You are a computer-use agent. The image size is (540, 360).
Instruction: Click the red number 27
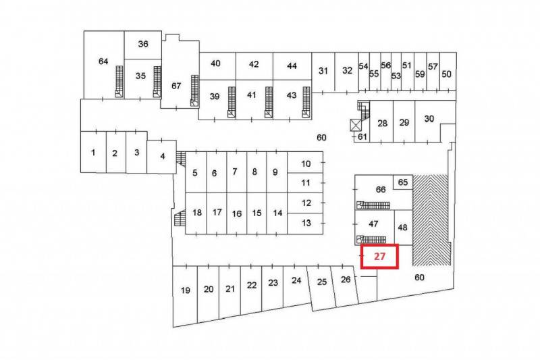click(379, 256)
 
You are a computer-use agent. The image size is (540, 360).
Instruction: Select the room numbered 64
click(104, 65)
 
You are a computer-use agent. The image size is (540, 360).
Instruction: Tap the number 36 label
click(143, 44)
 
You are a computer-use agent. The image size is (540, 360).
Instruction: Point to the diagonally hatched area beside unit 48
click(431, 220)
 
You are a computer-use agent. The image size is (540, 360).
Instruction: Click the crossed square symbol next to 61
click(355, 125)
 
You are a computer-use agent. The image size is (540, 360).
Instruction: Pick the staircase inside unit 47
click(371, 239)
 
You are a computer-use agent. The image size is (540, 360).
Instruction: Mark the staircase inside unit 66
click(373, 205)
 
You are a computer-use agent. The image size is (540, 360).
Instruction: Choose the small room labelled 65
click(403, 182)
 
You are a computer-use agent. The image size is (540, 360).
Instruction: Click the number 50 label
click(446, 74)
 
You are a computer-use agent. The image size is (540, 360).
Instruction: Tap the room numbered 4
click(162, 157)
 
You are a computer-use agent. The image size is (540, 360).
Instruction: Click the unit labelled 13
click(305, 224)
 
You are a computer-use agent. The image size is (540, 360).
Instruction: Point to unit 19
click(185, 294)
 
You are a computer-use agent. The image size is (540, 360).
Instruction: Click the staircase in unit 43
click(306, 102)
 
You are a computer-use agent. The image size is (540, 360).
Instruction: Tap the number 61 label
click(362, 136)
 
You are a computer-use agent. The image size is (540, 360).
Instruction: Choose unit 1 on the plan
click(93, 152)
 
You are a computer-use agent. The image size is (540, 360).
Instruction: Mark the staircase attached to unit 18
click(180, 218)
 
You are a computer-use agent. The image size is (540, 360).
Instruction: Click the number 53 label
click(396, 76)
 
